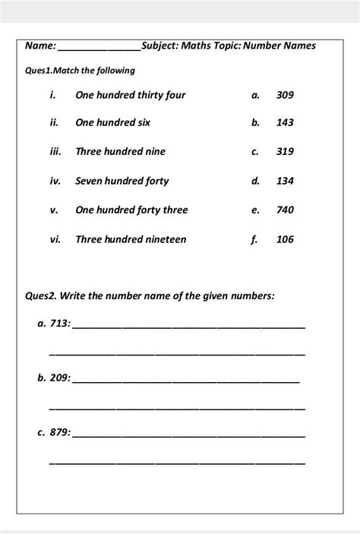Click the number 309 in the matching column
285,95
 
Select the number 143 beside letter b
285,122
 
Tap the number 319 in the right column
285,152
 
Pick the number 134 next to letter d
285,181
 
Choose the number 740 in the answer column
285,210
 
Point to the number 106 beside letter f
285,239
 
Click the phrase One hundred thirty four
130,95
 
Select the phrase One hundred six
112,122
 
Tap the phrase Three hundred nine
120,152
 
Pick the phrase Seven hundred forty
122,181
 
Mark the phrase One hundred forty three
131,210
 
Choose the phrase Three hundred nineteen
131,239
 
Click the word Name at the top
39,46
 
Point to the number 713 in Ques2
59,324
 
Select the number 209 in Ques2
59,378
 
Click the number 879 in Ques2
59,432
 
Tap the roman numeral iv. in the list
55,181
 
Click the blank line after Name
99,49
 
